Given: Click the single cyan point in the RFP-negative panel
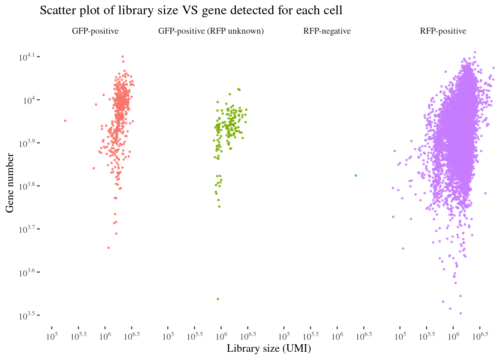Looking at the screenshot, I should click(x=356, y=175).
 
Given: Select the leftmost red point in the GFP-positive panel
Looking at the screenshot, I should click(x=65, y=121).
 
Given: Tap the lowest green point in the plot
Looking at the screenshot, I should click(x=218, y=299).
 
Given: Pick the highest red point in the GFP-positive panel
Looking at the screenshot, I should click(x=123, y=57).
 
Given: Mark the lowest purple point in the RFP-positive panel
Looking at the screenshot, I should click(x=460, y=313).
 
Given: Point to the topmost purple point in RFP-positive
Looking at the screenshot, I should click(x=475, y=52).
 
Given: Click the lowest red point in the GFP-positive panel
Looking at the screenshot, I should click(x=108, y=248).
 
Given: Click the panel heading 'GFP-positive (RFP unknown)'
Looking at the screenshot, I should click(x=211, y=31).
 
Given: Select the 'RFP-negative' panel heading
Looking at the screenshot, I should click(x=327, y=31).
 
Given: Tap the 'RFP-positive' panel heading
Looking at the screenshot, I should click(x=443, y=31).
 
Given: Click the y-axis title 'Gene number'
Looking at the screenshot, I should click(x=10, y=183).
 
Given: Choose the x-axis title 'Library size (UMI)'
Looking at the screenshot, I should click(x=269, y=349).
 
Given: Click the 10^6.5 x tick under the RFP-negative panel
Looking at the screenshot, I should click(x=363, y=334).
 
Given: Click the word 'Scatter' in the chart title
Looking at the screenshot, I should click(x=57, y=10).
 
